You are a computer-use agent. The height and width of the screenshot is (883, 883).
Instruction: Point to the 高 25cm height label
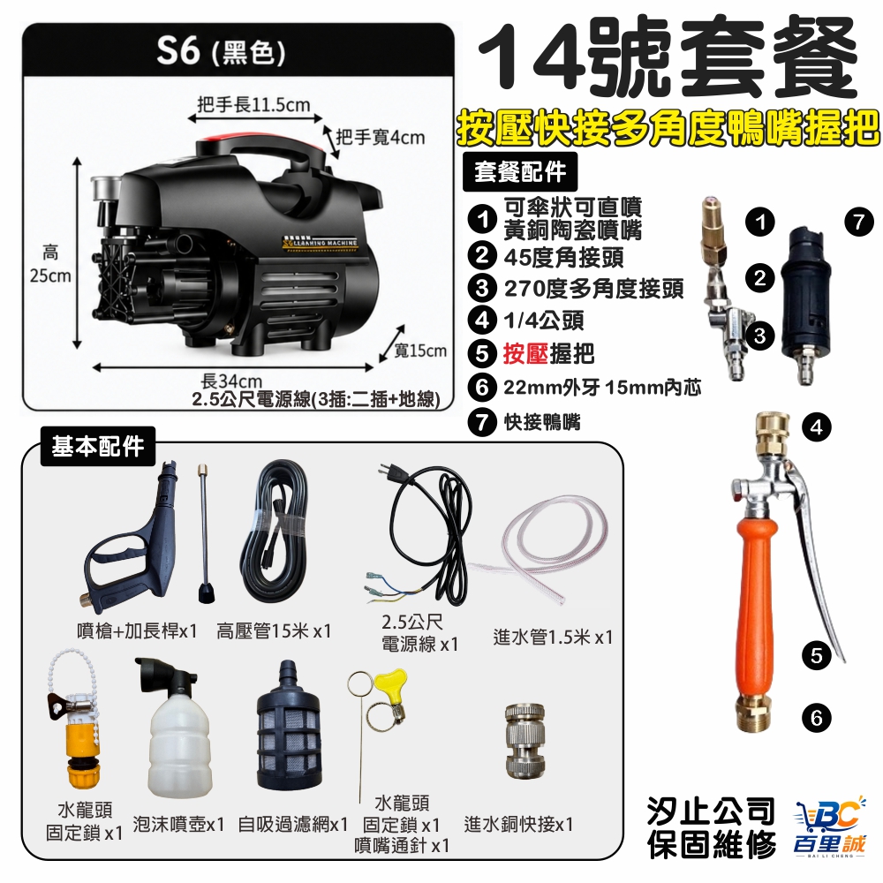click(x=50, y=264)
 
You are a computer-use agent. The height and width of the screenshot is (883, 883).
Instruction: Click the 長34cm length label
click(x=231, y=381)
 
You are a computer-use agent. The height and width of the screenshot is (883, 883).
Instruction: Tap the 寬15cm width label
click(x=419, y=351)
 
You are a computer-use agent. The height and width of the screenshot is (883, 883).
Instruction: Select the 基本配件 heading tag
click(x=98, y=447)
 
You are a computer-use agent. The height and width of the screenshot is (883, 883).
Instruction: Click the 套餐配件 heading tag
click(x=520, y=172)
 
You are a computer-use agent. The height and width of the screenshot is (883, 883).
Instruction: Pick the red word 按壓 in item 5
click(x=525, y=354)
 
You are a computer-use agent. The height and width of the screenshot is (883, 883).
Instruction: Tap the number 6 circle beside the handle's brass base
click(x=817, y=718)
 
